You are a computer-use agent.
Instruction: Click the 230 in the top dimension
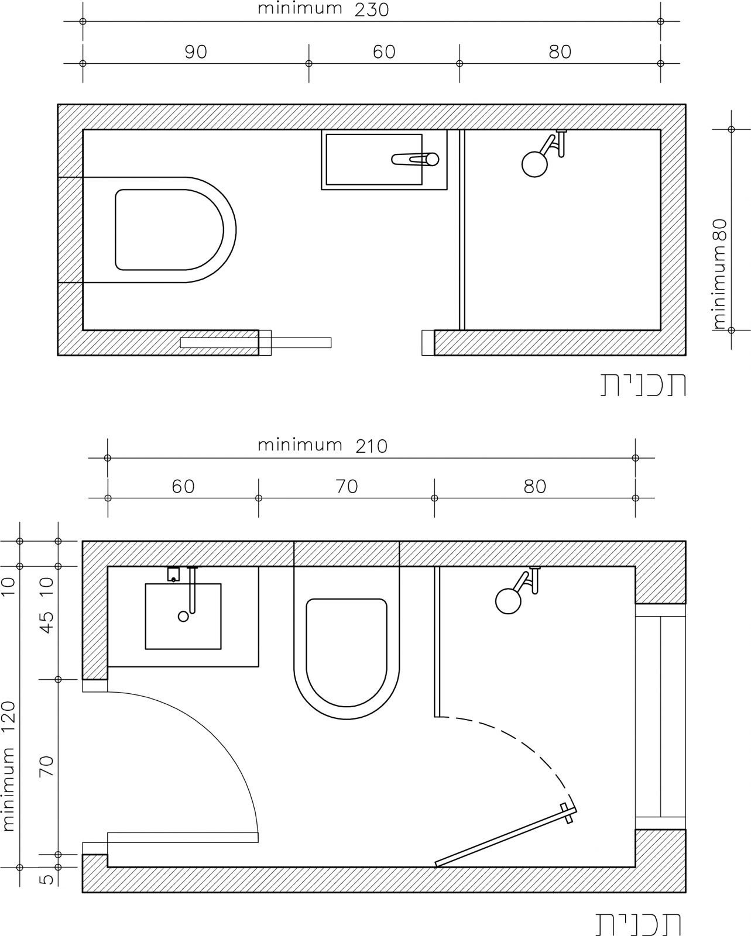tap(371, 10)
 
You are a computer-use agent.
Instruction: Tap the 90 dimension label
tap(196, 52)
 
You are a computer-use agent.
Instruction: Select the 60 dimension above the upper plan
tap(384, 52)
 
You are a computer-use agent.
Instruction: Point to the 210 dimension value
tap(371, 446)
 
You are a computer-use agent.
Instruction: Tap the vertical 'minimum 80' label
tap(721, 274)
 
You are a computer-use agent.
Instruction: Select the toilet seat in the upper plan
tap(169, 230)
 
